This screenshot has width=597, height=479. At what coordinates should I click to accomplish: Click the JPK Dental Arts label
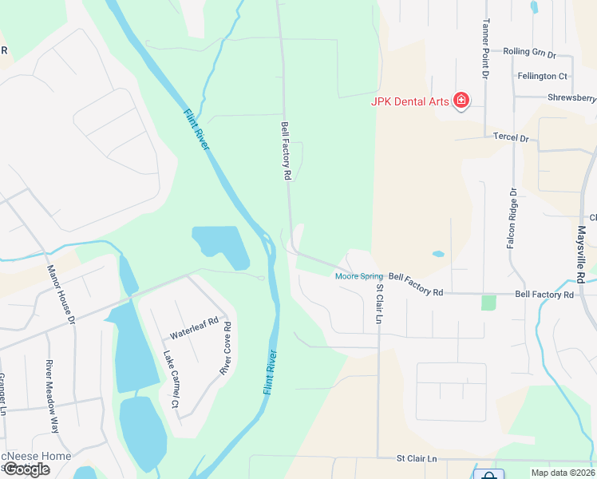click(409, 101)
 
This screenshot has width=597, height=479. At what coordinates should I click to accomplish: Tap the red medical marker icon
click(461, 101)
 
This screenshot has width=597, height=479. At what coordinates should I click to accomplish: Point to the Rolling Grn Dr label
click(529, 52)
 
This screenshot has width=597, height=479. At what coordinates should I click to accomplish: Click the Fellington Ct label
click(542, 76)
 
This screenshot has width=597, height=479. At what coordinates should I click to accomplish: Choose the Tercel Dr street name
click(511, 138)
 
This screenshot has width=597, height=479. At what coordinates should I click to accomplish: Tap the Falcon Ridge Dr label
click(512, 219)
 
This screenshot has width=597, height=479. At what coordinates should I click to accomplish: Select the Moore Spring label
click(359, 276)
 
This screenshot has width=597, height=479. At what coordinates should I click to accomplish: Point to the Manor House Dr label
click(61, 295)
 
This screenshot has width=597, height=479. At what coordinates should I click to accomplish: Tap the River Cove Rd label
click(226, 348)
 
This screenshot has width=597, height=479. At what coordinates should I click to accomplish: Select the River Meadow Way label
click(52, 397)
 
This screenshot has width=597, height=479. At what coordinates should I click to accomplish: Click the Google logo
click(26, 469)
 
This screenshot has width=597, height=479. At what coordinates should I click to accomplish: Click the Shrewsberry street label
click(571, 98)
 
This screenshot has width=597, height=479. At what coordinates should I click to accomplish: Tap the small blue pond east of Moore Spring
click(438, 255)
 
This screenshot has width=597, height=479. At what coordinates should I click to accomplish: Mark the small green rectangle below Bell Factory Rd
click(488, 303)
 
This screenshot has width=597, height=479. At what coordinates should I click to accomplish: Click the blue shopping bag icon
click(488, 474)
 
